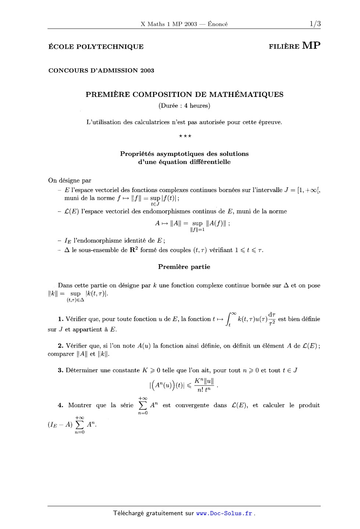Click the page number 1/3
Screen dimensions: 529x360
[x=315, y=24]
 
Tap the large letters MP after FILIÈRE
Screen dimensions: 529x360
[x=311, y=46]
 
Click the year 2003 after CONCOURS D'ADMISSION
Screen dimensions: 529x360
[x=147, y=70]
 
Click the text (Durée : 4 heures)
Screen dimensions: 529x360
[x=184, y=106]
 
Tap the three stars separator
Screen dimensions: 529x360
[x=185, y=136]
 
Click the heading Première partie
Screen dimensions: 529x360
[x=184, y=267]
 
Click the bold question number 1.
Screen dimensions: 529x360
[x=61, y=319]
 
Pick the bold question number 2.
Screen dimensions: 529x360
[x=61, y=346]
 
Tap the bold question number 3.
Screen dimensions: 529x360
[x=61, y=370]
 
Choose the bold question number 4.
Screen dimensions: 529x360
[x=61, y=405]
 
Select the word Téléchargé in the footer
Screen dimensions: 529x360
[x=129, y=513]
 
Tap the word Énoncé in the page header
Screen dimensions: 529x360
[x=217, y=24]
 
